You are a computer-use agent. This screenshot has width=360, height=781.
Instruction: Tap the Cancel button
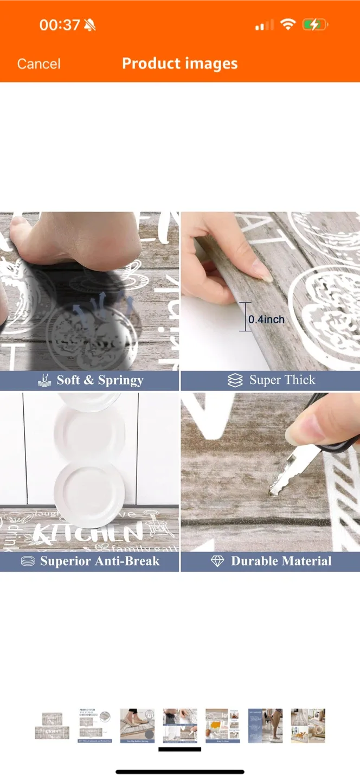[38, 64]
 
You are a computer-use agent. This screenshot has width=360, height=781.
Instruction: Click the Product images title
[179, 63]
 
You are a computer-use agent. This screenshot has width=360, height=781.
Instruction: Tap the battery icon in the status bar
[314, 24]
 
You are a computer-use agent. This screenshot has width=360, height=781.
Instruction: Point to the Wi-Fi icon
[287, 24]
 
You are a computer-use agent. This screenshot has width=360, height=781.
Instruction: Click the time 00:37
[59, 25]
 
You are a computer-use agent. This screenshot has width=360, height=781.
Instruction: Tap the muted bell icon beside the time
[90, 25]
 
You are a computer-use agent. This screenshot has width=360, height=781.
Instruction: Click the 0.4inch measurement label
[266, 319]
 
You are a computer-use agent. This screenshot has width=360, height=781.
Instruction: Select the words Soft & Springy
[100, 380]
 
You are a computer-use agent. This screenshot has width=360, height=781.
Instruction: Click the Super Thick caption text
[282, 380]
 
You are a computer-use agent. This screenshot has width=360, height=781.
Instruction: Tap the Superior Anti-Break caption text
[99, 561]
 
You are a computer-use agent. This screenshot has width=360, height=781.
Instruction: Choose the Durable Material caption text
[281, 561]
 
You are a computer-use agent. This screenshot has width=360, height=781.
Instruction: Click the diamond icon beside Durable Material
[217, 561]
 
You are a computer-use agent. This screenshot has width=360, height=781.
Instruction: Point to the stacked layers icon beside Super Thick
[235, 381]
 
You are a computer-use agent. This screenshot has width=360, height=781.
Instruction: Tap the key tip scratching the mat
[271, 492]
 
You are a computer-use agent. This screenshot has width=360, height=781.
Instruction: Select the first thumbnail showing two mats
[52, 726]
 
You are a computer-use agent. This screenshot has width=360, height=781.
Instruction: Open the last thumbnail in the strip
[307, 726]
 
